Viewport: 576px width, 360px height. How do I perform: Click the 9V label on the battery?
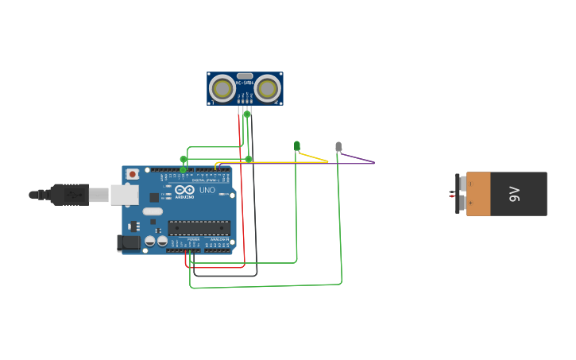(x=514, y=193)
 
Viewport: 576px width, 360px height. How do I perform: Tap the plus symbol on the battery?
(x=470, y=203)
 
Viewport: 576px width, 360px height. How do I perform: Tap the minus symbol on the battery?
(x=470, y=184)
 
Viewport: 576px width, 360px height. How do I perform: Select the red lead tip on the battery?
(x=451, y=195)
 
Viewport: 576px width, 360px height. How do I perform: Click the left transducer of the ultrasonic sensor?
(x=222, y=87)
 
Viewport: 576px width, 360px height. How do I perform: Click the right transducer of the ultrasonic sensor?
(x=268, y=87)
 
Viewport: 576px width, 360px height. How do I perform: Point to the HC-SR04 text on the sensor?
(x=245, y=83)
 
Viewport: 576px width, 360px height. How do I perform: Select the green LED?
(x=297, y=145)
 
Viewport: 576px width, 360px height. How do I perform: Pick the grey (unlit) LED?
(x=338, y=146)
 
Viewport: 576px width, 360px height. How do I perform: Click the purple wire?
(x=358, y=159)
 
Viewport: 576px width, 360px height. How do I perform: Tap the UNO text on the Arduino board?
(x=207, y=190)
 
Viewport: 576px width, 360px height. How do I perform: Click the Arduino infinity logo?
(x=185, y=190)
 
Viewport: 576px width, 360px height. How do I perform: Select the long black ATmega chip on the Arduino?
(x=199, y=227)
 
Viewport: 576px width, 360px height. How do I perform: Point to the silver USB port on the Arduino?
(x=124, y=194)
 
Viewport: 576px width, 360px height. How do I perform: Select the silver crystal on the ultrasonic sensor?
(x=245, y=76)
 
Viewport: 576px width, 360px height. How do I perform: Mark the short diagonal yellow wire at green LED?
(x=313, y=157)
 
